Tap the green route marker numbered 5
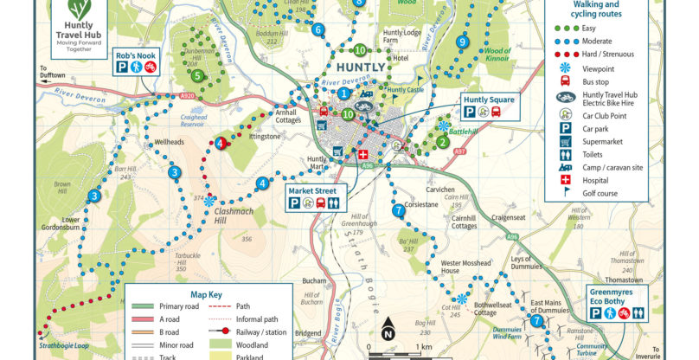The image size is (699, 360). coord(198,75)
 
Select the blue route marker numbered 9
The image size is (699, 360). coord(463,42)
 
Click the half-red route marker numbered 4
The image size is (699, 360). coord(221,144)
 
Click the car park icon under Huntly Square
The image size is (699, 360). coord(469,112)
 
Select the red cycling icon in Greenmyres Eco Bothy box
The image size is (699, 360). coord(636,316)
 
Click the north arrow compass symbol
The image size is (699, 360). coord(388,330)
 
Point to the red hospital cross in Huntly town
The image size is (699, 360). coord(362,155)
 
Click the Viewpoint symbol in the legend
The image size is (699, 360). coord(565,67)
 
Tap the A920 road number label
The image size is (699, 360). coord(189,96)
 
